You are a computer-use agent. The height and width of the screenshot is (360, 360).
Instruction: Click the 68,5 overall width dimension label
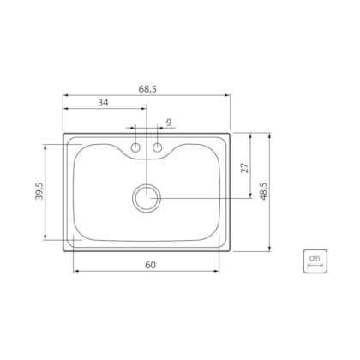pos(147,89)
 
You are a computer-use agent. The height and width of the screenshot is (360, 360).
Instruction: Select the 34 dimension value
pos(103,102)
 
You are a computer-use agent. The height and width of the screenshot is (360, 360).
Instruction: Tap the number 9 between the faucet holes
pos(169,123)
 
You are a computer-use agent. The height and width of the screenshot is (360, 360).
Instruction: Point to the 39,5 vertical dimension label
pos(39,191)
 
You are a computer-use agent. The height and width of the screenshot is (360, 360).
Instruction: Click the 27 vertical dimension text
pos(245,168)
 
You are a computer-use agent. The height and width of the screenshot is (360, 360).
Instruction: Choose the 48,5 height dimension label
pos(263,191)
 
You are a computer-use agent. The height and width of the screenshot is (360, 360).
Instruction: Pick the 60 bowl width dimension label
pos(150,265)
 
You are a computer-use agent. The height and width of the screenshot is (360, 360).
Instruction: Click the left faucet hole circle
pos(135,147)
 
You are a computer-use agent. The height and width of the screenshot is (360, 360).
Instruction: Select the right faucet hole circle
pos(158,147)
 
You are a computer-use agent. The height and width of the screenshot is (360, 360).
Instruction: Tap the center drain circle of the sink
pos(147,198)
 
